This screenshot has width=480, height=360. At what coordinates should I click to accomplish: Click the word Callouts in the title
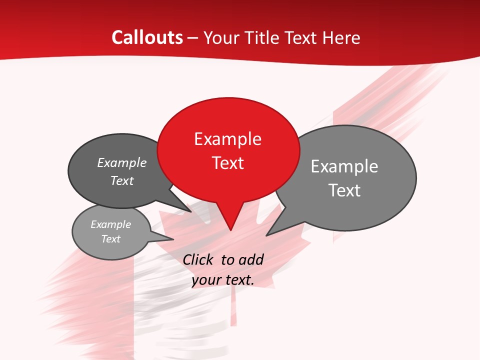[147, 37]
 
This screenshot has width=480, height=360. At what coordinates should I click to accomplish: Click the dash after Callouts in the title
[193, 38]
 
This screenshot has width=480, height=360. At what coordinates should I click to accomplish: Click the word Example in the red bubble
[227, 139]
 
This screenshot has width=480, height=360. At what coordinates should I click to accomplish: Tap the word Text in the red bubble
[227, 163]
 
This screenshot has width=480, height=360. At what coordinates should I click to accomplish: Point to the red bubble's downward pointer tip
[230, 230]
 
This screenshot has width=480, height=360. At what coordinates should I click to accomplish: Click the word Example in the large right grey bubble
[344, 166]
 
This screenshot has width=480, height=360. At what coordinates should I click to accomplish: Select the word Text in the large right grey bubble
[344, 190]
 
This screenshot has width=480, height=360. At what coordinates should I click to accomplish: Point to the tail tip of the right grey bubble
[267, 235]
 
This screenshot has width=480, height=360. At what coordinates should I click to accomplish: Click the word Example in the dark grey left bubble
[121, 163]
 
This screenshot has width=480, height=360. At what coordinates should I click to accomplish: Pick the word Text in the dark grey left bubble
[121, 180]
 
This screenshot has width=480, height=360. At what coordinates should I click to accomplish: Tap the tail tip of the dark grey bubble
[191, 211]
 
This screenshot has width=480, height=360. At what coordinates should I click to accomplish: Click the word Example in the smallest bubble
[110, 224]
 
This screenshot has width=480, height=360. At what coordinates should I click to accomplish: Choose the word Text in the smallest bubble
[110, 239]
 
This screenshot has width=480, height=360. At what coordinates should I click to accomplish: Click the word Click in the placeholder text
[199, 259]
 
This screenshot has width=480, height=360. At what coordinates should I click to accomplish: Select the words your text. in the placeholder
[222, 280]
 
